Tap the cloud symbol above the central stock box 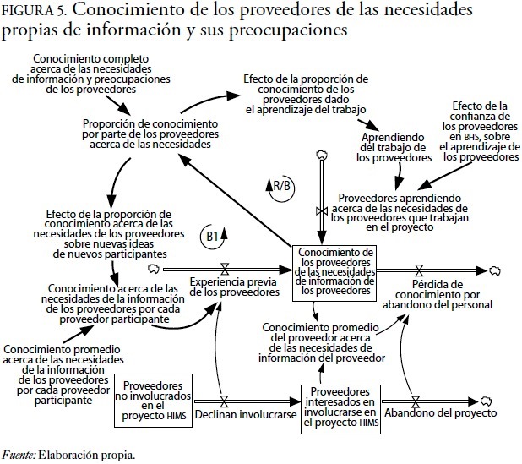[320, 154]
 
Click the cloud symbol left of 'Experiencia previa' [154, 269]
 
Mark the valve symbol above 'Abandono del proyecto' [415, 400]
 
